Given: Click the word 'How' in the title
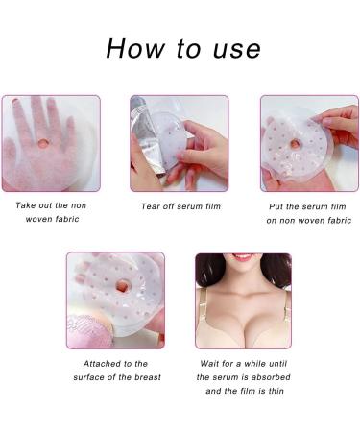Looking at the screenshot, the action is [x=135, y=49].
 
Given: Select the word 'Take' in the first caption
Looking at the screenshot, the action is [x=26, y=205].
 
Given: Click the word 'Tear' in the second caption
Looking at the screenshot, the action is [x=151, y=206].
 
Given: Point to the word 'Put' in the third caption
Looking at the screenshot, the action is [x=276, y=206].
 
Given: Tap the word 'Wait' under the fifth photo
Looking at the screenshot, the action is [x=209, y=364].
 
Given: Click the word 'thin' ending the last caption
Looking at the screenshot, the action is [x=276, y=391].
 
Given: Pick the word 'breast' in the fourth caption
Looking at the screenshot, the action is [x=148, y=377].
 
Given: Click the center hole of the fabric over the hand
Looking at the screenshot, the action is [x=43, y=143].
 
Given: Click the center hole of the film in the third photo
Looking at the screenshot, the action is [x=295, y=144].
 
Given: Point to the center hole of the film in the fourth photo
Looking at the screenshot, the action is [x=122, y=285].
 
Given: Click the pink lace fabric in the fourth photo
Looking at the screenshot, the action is [x=89, y=331].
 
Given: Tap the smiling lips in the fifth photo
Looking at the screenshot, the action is [x=243, y=256].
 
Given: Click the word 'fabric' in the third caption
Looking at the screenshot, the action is [x=339, y=221].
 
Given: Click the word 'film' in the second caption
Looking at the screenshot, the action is [x=213, y=206].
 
